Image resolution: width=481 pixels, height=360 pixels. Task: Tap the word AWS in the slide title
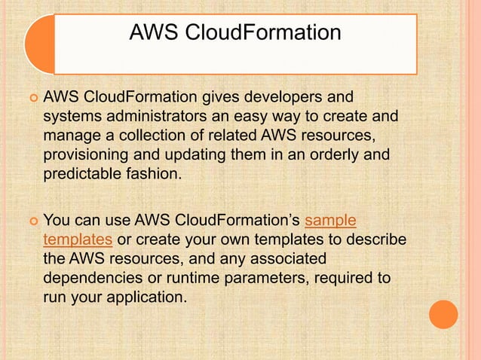(x=151, y=33)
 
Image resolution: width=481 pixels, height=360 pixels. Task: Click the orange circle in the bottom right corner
(x=443, y=314)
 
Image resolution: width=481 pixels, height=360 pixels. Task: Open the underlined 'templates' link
(x=78, y=240)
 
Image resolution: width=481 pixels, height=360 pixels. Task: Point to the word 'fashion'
(x=155, y=175)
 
